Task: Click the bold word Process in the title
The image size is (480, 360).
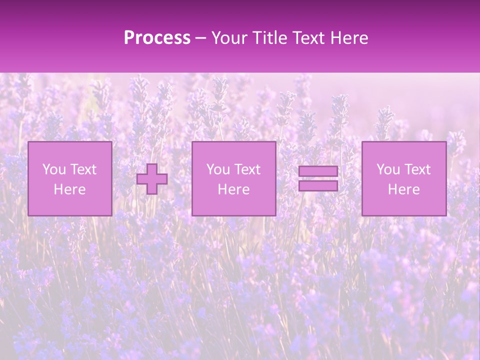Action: point(157,38)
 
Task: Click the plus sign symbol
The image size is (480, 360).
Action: point(152,179)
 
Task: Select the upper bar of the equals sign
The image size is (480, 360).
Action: point(318,171)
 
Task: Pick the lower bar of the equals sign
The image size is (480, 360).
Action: point(318,185)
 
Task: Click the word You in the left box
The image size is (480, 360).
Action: point(53,169)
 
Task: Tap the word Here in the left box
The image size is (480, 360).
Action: point(69,189)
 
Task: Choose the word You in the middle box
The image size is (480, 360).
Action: point(217,169)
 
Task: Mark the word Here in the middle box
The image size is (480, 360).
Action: point(233,189)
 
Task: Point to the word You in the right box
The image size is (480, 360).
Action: point(387,169)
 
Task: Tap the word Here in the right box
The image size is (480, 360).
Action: point(403,189)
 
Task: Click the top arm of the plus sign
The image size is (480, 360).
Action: point(152,168)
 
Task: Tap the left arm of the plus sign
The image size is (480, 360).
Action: point(142,179)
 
